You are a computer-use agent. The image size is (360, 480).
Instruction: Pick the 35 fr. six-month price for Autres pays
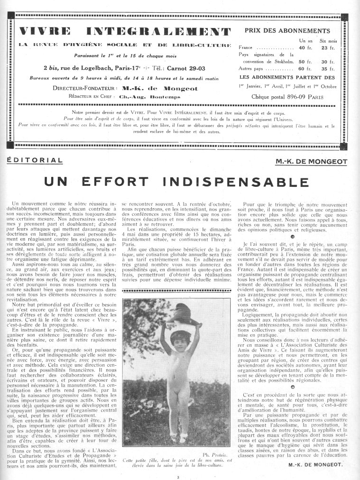[328, 69]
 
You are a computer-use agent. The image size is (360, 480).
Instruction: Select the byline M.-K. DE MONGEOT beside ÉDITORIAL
[311, 161]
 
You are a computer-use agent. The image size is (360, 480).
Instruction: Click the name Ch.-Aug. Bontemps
[142, 96]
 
